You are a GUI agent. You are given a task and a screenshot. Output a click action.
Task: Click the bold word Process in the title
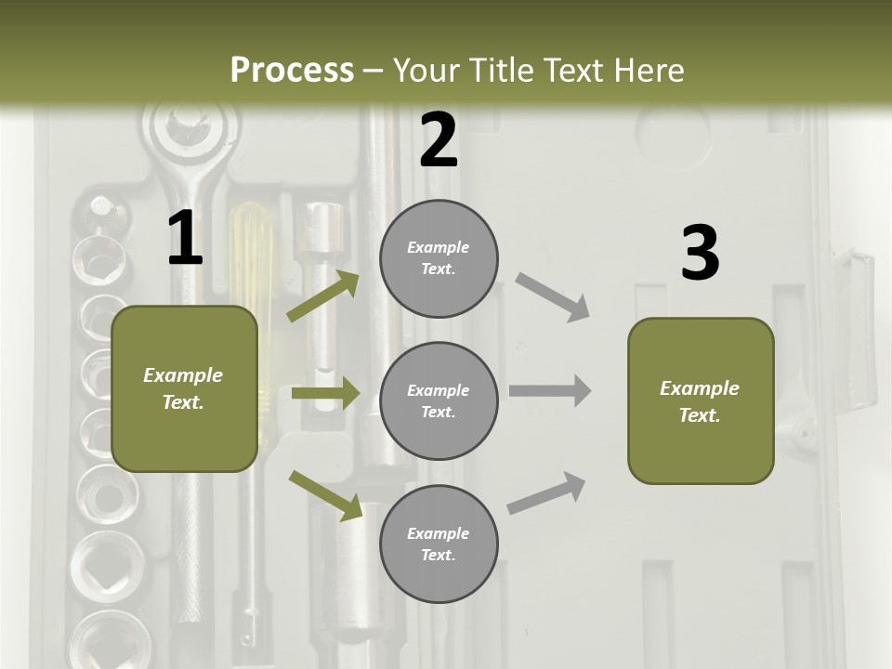[x=292, y=71]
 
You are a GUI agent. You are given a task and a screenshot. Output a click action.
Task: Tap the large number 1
[x=185, y=239]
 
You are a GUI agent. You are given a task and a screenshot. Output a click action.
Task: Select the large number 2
[x=439, y=140]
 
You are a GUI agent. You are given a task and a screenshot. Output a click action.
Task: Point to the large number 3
[x=700, y=253]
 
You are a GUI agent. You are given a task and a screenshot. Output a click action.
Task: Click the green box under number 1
[x=184, y=388]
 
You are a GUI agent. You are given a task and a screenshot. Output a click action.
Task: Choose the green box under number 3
[x=701, y=400]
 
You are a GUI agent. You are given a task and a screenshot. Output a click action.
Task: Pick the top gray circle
[x=439, y=258]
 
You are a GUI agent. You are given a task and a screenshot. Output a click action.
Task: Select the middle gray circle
[x=439, y=400]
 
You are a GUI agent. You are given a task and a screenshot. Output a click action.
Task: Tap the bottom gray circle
[x=439, y=544]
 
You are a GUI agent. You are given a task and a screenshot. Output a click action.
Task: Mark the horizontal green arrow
[x=325, y=393]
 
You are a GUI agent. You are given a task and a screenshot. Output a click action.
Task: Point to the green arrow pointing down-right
[x=325, y=494]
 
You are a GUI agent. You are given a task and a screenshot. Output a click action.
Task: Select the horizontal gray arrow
[x=550, y=391]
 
